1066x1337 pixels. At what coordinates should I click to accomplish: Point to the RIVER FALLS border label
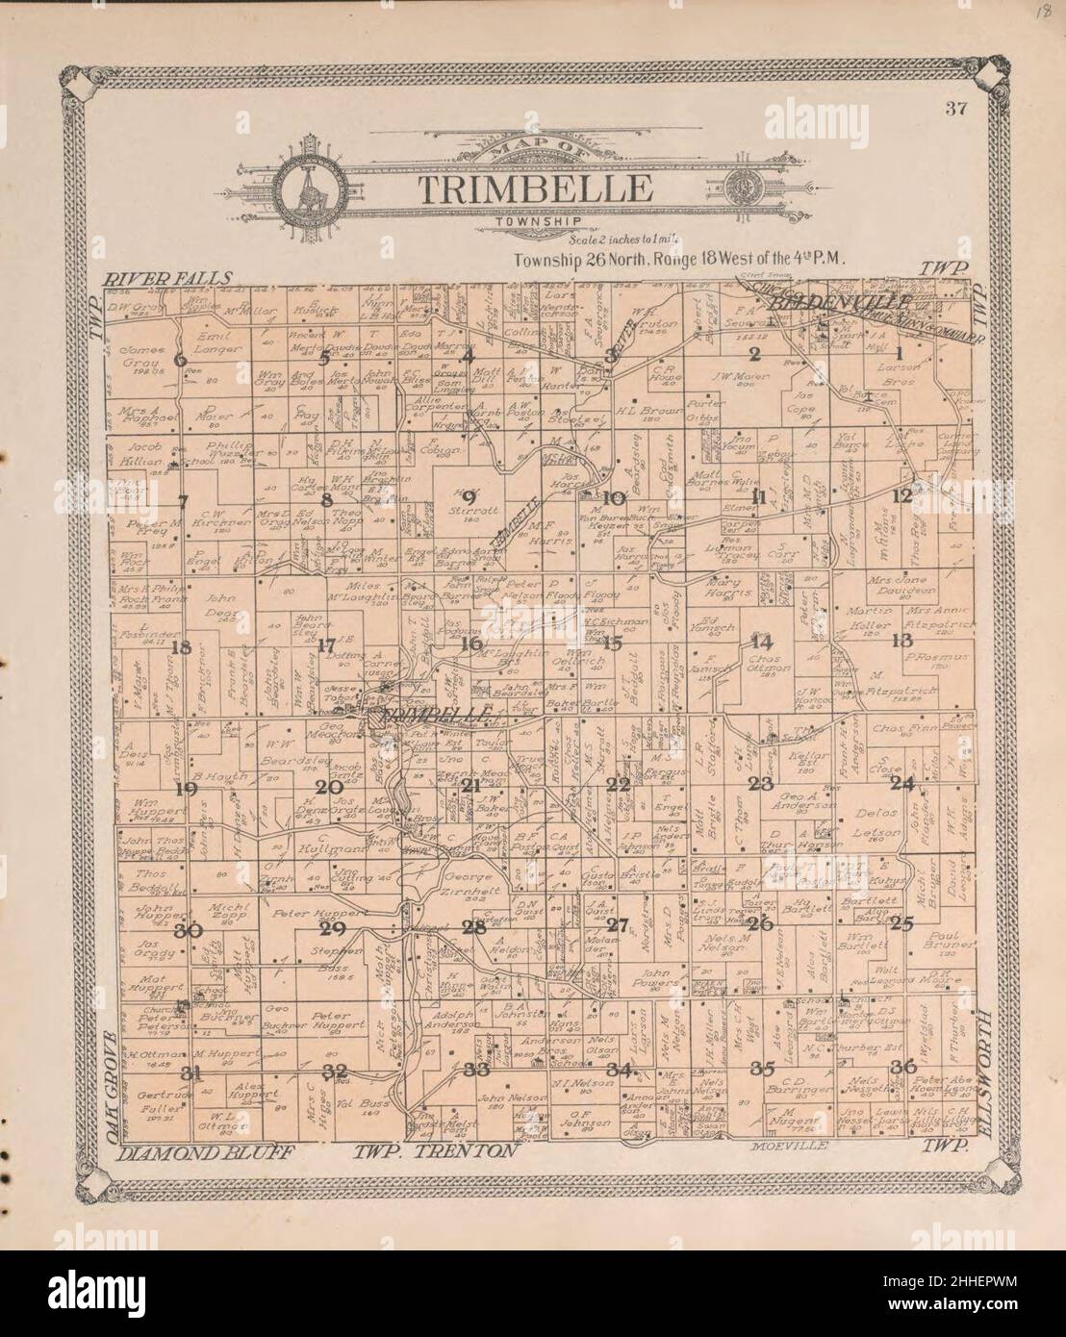pos(169,279)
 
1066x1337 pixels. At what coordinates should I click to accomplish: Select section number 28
pos(473,928)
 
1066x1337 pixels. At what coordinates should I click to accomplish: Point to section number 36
pos(902,1066)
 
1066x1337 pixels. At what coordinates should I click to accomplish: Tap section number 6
pos(180,361)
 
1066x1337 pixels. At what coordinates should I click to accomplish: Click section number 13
pos(901,641)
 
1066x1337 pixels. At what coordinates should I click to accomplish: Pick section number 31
pos(192,1072)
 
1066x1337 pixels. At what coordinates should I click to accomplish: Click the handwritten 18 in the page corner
pos(1041,13)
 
